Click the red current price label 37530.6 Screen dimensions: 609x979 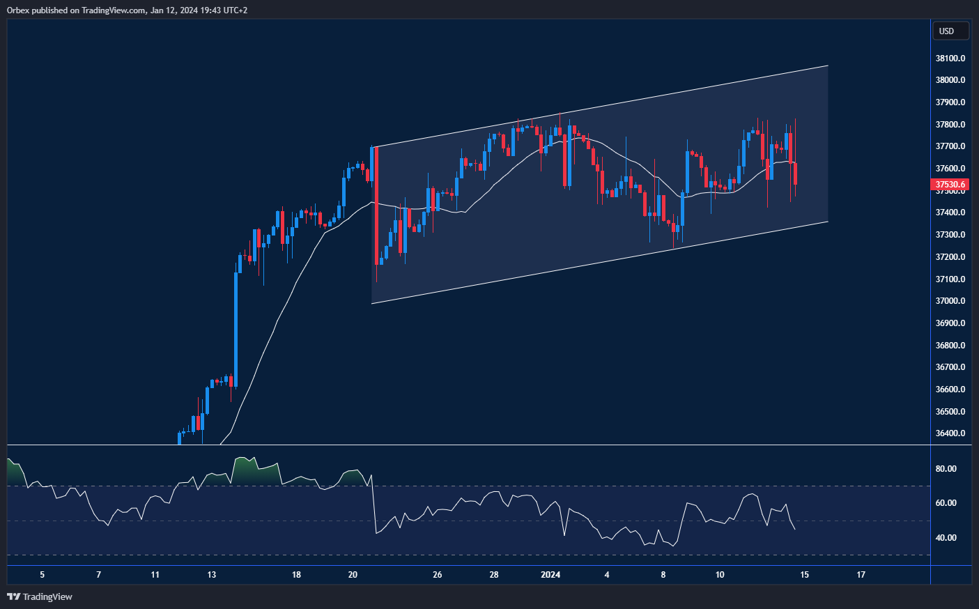coord(950,185)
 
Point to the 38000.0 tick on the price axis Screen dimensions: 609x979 coord(950,80)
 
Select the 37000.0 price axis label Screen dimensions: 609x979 coord(950,301)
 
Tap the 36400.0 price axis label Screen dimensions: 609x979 coord(950,433)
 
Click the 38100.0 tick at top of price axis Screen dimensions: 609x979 coord(950,59)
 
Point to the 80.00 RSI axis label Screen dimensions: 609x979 coord(946,469)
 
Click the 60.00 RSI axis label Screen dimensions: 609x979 coord(946,503)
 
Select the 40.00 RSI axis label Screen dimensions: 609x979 coord(946,538)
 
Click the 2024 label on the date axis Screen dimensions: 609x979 coord(550,575)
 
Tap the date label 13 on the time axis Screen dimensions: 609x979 coord(212,575)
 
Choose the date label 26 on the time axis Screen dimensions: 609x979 coord(438,575)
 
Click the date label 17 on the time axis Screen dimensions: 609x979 coord(861,575)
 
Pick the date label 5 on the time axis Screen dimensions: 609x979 coord(43,575)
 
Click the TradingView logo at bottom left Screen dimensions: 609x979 coord(40,596)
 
